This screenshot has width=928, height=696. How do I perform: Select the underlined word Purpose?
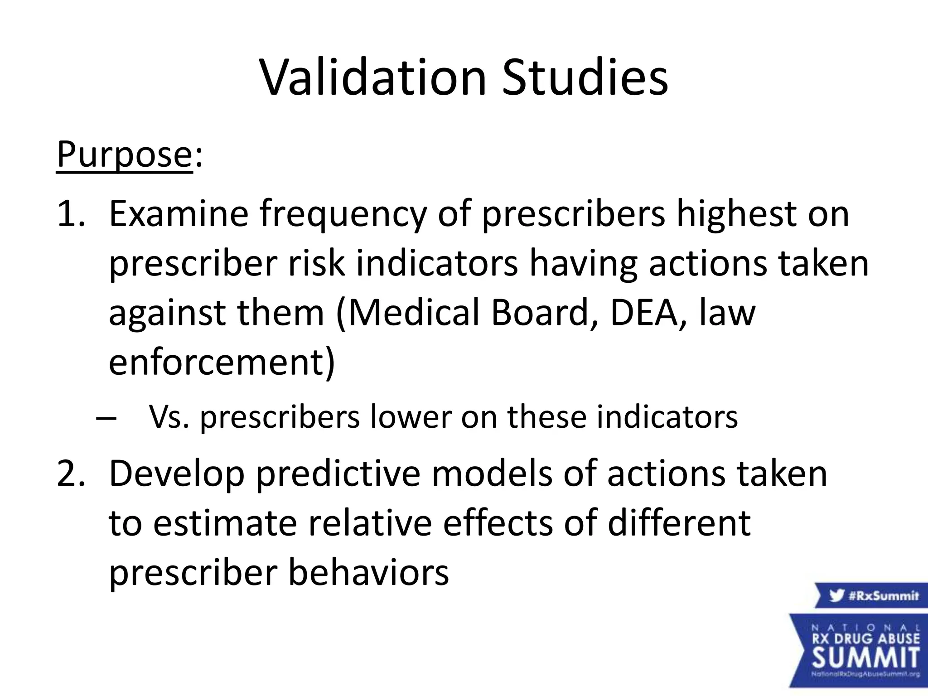point(124,155)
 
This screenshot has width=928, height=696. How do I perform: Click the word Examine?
point(179,214)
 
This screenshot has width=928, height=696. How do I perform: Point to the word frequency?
point(343,216)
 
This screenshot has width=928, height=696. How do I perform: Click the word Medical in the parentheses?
point(413,313)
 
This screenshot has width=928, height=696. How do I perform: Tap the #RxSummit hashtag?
point(883,595)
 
